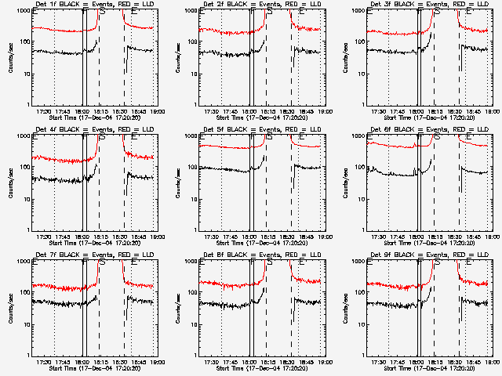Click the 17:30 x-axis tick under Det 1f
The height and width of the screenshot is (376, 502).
44,112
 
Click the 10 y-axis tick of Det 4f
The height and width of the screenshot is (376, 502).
25,199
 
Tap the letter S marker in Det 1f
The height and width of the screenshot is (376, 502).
103,12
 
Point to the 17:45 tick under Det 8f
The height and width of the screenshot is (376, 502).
231,363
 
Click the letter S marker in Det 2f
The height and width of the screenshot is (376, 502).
271,12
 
